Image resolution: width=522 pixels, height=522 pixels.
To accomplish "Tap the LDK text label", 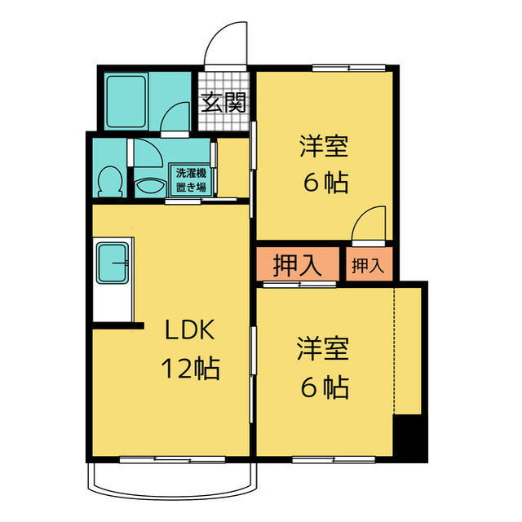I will (x=189, y=330).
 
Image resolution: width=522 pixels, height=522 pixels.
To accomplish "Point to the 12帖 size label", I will (x=189, y=369).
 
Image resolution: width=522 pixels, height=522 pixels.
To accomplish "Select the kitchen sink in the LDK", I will (x=113, y=262).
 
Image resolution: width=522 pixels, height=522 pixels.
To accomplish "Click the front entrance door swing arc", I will (x=226, y=46).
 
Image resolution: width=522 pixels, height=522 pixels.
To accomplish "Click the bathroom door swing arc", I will (x=176, y=121).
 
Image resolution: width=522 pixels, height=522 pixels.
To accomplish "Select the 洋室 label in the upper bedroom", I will (x=324, y=148).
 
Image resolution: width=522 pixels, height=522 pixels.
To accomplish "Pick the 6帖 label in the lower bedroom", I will (x=325, y=386).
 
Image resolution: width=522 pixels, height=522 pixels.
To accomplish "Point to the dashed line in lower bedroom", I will (x=394, y=351).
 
